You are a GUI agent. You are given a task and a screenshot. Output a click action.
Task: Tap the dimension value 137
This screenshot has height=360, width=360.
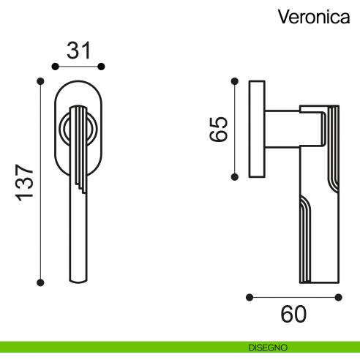pyautogui.click(x=23, y=180)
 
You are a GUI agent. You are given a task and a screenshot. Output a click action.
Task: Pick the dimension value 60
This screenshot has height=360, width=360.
pyautogui.click(x=293, y=315)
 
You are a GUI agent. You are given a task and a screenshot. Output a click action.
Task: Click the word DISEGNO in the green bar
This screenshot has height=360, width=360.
pyautogui.click(x=266, y=346)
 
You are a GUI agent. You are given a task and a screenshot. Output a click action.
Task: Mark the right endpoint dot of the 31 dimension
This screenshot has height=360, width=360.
pyautogui.click(x=104, y=66)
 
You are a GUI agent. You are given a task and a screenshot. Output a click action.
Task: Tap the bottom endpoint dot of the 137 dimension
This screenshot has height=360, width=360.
pyautogui.click(x=41, y=281)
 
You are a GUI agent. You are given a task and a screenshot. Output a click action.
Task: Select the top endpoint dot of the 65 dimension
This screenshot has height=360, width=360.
pyautogui.click(x=235, y=79)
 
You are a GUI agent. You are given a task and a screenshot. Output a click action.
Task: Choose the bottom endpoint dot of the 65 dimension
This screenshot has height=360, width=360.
pyautogui.click(x=235, y=176)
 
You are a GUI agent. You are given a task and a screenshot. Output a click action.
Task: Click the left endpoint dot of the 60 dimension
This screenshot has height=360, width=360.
pyautogui.click(x=250, y=297)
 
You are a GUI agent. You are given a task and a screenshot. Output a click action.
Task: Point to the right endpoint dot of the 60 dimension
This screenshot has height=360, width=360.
pyautogui.click(x=339, y=297)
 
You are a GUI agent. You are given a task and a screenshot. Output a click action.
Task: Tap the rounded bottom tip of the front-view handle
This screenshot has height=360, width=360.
pyautogui.click(x=79, y=278)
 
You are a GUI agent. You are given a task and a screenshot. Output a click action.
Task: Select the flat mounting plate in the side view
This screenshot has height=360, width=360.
pyautogui.click(x=257, y=128)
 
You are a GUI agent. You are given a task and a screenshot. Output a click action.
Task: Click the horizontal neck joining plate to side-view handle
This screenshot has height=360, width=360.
pyautogui.click(x=282, y=127)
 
